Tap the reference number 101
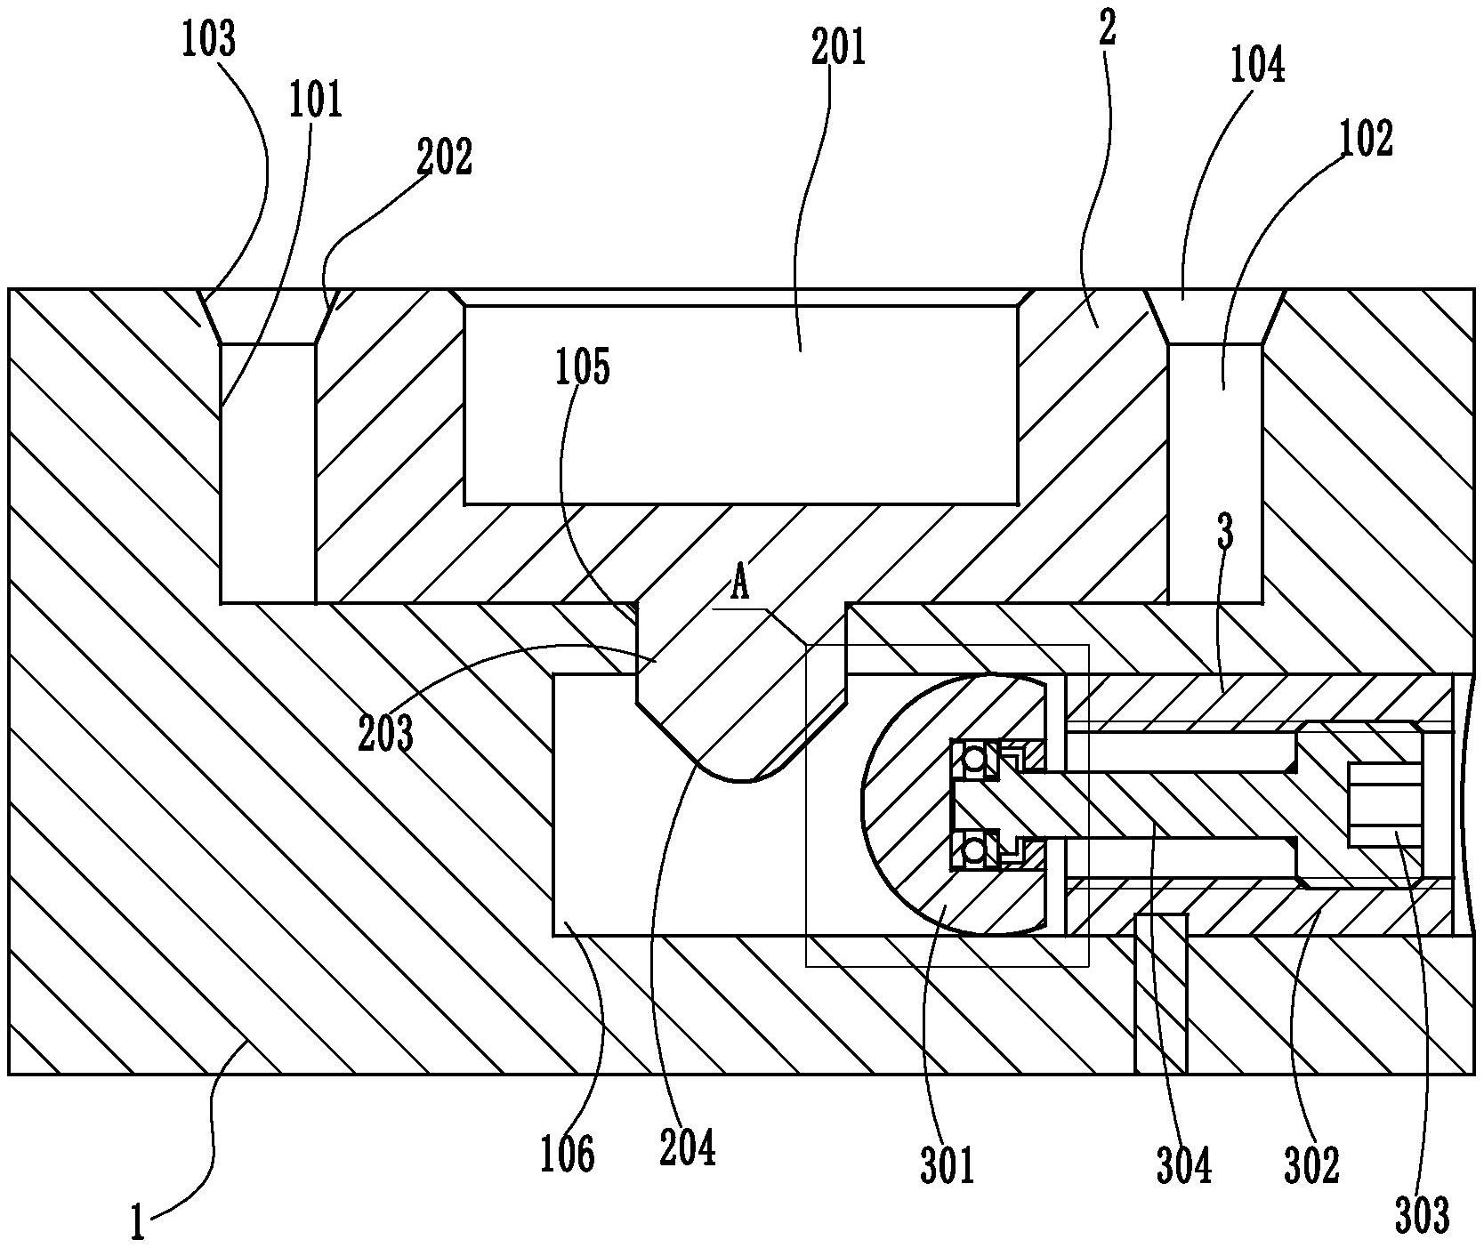point(315,101)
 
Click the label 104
point(1257,66)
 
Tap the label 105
point(584,367)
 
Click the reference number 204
point(688,1147)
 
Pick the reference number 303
point(1422,1215)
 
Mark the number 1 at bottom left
point(138,1223)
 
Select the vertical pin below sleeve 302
point(1162,996)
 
